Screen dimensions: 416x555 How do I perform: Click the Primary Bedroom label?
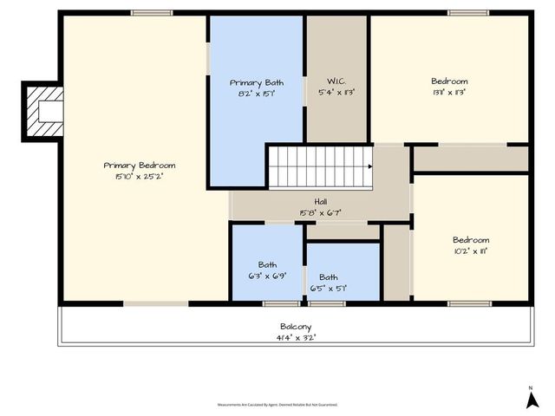[140, 166]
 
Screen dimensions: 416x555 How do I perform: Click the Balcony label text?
[297, 327]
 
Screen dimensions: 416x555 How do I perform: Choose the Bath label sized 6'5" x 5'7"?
[329, 277]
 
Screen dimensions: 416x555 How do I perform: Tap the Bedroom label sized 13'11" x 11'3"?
[449, 81]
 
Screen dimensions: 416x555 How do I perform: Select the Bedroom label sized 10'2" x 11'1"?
[471, 240]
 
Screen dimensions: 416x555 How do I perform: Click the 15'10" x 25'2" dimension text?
[140, 176]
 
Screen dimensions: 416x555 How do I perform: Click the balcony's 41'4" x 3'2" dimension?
[297, 337]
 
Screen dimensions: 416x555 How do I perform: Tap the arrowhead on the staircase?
[369, 166]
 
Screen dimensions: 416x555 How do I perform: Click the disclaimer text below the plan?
[277, 404]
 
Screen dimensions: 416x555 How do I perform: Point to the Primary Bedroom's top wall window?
[151, 13]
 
